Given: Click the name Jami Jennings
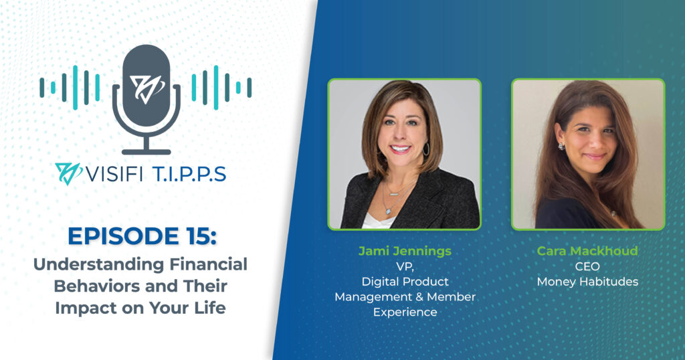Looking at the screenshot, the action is click(405, 251).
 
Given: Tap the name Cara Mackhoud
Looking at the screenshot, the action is click(587, 251).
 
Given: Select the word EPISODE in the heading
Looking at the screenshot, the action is click(123, 236).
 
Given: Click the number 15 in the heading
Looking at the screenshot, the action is click(196, 236).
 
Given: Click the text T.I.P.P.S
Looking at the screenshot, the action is click(189, 175).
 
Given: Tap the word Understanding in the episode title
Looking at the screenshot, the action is click(99, 265).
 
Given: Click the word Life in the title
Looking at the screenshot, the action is click(209, 308).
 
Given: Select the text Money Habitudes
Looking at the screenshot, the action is click(587, 282).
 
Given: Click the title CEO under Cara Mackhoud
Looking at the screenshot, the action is click(587, 266).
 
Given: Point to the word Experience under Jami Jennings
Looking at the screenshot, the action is click(405, 312).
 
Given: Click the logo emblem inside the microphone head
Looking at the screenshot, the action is click(146, 89).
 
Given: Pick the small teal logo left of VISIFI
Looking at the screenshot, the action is click(68, 173).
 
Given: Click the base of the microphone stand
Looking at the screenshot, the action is click(146, 152).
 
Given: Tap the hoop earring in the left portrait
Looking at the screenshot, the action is click(426, 149).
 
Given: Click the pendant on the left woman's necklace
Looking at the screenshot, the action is click(388, 210).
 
